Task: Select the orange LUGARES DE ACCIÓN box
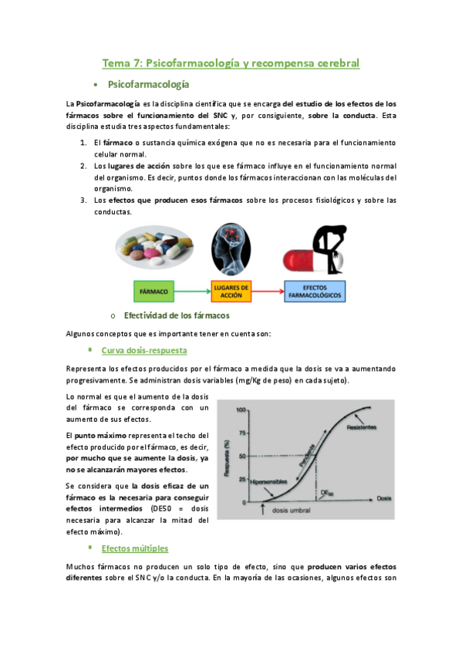(231, 292)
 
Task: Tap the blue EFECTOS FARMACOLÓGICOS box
(315, 292)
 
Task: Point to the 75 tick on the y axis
(241, 433)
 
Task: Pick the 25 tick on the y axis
(241, 480)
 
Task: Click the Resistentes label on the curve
(363, 427)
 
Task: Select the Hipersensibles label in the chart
(270, 482)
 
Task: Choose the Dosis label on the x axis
(386, 500)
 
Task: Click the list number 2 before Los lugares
(83, 165)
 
